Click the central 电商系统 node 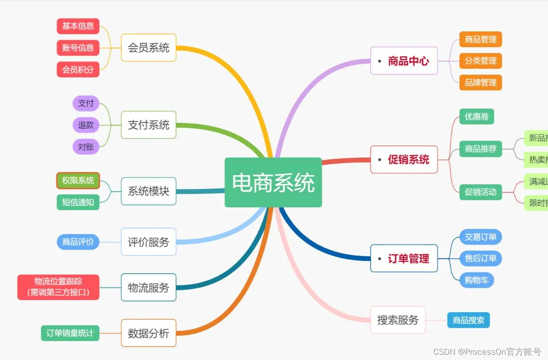pyautogui.click(x=273, y=182)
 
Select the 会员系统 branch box pyautogui.click(x=149, y=48)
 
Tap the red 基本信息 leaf pyautogui.click(x=78, y=26)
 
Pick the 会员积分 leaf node pyautogui.click(x=78, y=69)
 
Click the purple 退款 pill pyautogui.click(x=86, y=125)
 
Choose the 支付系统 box pyautogui.click(x=149, y=125)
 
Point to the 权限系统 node pyautogui.click(x=78, y=180)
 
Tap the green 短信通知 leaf pyautogui.click(x=78, y=202)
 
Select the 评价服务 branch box pyautogui.click(x=149, y=242)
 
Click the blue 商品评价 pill pyautogui.click(x=78, y=242)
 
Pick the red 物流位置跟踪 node pyautogui.click(x=58, y=287)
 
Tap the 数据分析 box pyautogui.click(x=149, y=333)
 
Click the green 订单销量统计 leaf pyautogui.click(x=70, y=333)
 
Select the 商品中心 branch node pyautogui.click(x=404, y=61)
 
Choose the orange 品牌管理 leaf pyautogui.click(x=480, y=82)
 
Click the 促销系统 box pyautogui.click(x=404, y=160)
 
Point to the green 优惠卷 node pyautogui.click(x=477, y=116)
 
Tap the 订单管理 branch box pyautogui.click(x=404, y=259)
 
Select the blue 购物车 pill pyautogui.click(x=477, y=280)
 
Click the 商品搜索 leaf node pyautogui.click(x=469, y=320)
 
